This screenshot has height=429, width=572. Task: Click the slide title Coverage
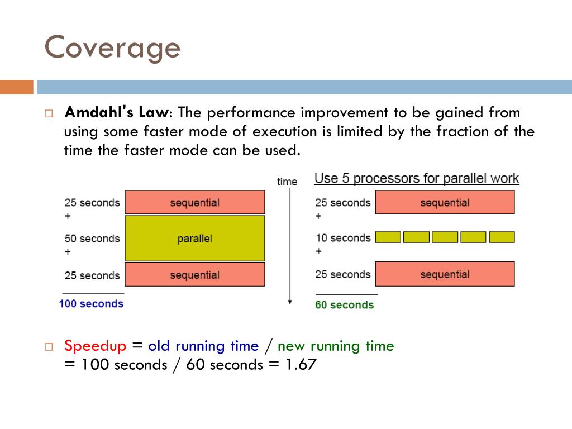click(112, 48)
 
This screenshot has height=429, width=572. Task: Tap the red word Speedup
click(96, 346)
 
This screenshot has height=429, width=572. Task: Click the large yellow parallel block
click(194, 239)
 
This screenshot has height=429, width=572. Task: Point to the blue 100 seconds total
click(91, 304)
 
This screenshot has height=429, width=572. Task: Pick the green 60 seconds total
click(344, 305)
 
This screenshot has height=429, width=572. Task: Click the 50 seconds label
click(92, 239)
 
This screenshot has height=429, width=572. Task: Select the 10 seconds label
click(342, 238)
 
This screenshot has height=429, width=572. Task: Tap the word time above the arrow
click(287, 182)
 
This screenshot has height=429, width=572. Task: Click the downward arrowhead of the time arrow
click(289, 302)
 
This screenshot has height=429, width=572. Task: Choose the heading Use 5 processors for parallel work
click(417, 179)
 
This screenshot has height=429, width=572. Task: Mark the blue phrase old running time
click(203, 346)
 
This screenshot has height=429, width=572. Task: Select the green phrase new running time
click(336, 346)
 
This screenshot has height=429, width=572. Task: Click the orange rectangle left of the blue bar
click(17, 87)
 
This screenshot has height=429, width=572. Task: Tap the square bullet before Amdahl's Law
click(49, 113)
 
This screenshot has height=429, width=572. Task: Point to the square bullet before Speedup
click(49, 347)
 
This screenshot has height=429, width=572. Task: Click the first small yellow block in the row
click(388, 237)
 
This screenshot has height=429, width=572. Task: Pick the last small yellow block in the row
click(502, 237)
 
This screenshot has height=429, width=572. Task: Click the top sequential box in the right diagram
click(445, 202)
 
